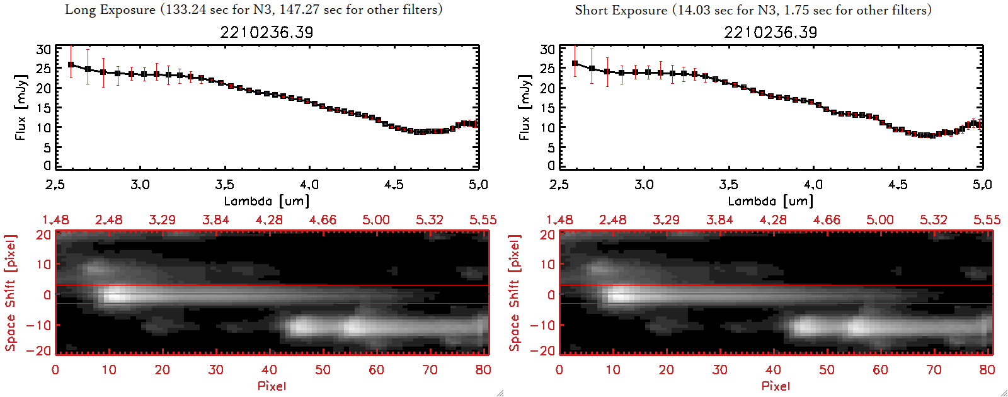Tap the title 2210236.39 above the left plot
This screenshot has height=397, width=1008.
(266, 32)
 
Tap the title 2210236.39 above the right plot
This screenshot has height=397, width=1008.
(770, 32)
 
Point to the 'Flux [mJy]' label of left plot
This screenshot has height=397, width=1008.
(21, 107)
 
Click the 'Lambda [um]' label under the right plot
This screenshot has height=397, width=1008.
(770, 201)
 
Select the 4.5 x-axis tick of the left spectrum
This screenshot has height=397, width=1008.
(394, 185)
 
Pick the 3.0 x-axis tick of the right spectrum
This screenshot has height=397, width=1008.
(644, 185)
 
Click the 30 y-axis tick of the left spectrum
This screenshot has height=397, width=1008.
(43, 49)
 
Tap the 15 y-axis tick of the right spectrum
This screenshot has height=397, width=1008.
(547, 108)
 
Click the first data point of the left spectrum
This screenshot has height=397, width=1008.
(71, 64)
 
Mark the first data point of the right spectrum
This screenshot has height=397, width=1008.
(575, 63)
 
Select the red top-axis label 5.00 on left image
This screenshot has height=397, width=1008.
(376, 220)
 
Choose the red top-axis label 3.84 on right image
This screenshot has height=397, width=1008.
(719, 220)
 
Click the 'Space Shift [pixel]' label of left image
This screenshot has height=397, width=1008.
(10, 293)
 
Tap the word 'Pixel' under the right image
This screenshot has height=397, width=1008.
(776, 386)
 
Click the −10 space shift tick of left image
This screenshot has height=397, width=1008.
(38, 325)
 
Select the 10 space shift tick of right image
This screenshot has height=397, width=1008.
(547, 265)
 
